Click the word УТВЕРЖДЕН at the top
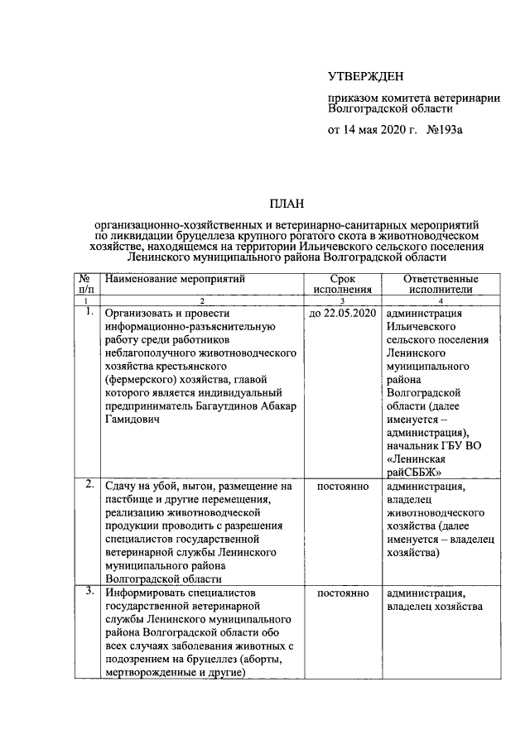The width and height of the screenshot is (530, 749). coord(365,77)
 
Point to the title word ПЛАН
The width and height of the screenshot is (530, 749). coord(286,203)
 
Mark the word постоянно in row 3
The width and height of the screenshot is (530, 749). coord(342,594)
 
